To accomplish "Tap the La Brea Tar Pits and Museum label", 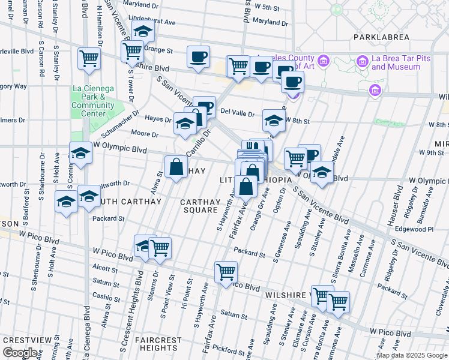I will point(396,62).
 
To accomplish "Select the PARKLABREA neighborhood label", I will point(381,37).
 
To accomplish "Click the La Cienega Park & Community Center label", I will point(92,101).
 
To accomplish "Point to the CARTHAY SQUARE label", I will point(200,206).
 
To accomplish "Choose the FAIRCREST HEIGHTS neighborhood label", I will point(158,344).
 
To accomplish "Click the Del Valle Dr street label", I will point(238,112).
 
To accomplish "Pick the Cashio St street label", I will point(106,296).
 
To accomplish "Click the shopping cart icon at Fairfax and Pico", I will point(226,271).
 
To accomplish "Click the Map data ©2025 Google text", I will point(412,355).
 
